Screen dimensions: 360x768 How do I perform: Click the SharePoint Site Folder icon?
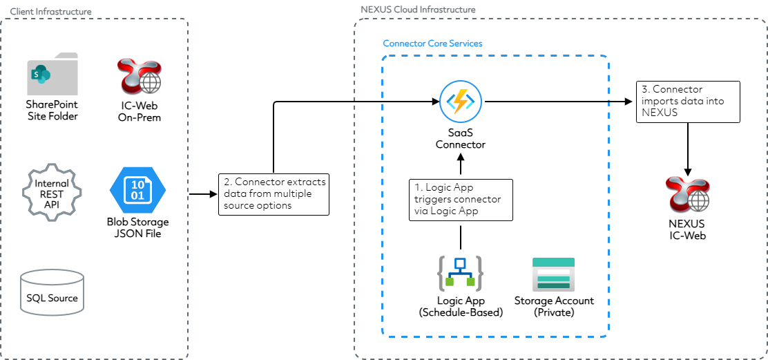52,74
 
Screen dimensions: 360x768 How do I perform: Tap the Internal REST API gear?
52,189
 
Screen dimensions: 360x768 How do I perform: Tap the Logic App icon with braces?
460,274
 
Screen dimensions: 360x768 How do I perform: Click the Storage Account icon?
553,274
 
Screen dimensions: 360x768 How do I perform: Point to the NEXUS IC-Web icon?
687,196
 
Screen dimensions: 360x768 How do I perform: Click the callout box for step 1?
461,200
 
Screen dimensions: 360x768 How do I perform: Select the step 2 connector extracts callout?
274,194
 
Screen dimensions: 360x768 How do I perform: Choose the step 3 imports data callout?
687,102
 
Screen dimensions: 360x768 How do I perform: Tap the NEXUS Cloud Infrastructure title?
418,10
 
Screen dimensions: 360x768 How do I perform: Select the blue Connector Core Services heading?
432,44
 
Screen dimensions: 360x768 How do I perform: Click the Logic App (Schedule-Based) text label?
461,307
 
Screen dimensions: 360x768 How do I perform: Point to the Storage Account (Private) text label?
554,307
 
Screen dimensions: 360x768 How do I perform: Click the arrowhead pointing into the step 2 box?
213,194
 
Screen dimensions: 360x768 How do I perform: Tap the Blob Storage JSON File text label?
137,227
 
